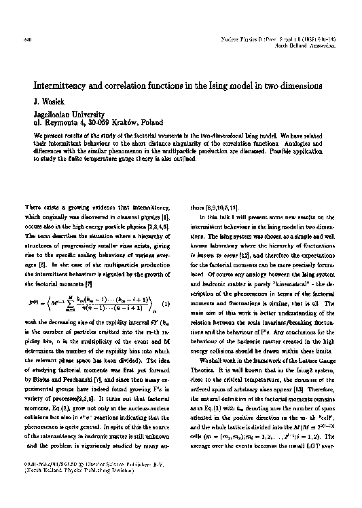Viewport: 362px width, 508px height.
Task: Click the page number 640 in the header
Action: pyautogui.click(x=18, y=22)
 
